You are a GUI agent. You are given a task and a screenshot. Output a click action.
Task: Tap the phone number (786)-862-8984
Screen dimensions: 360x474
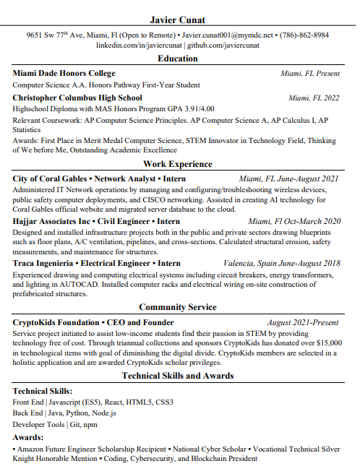304,35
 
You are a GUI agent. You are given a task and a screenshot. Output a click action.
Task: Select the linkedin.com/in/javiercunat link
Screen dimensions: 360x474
139,45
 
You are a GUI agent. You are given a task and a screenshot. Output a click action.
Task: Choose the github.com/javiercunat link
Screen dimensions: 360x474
223,45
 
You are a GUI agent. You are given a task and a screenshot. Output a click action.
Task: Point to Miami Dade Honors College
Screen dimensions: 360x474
64,74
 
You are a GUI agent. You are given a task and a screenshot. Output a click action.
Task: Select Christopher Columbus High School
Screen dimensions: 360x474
77,98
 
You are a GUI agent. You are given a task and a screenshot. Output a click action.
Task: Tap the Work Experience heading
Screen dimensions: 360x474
178,165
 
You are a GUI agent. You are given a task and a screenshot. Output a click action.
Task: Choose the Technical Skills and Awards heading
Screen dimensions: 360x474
178,376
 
